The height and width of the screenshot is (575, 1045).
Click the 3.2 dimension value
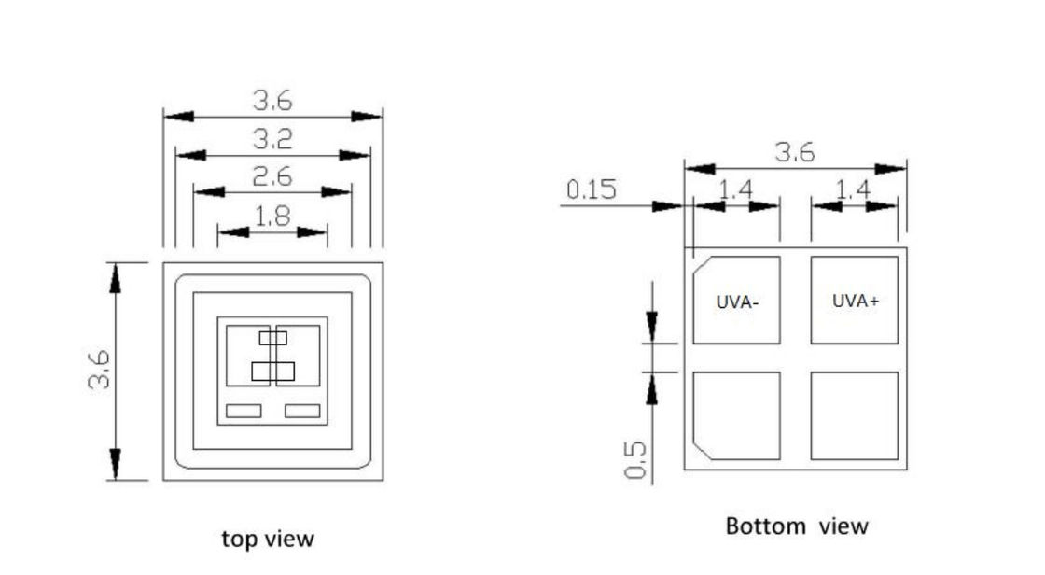coord(272,139)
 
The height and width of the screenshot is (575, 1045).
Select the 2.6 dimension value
coord(272,176)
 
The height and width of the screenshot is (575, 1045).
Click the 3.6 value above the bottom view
coord(795,153)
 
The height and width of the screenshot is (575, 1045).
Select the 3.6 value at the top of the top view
coord(272,101)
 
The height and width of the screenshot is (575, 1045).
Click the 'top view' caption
coord(268,539)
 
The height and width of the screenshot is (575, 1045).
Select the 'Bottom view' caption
coord(796,526)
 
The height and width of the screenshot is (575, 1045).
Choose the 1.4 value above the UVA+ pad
coord(854,189)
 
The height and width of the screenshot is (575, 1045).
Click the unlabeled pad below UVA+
coord(855,415)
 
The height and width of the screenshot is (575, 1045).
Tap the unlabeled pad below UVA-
coord(737,415)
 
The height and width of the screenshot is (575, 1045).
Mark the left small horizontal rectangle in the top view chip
coord(244,410)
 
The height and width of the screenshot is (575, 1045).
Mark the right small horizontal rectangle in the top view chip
coord(302,410)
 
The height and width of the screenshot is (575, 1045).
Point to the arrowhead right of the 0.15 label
coord(672,206)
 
